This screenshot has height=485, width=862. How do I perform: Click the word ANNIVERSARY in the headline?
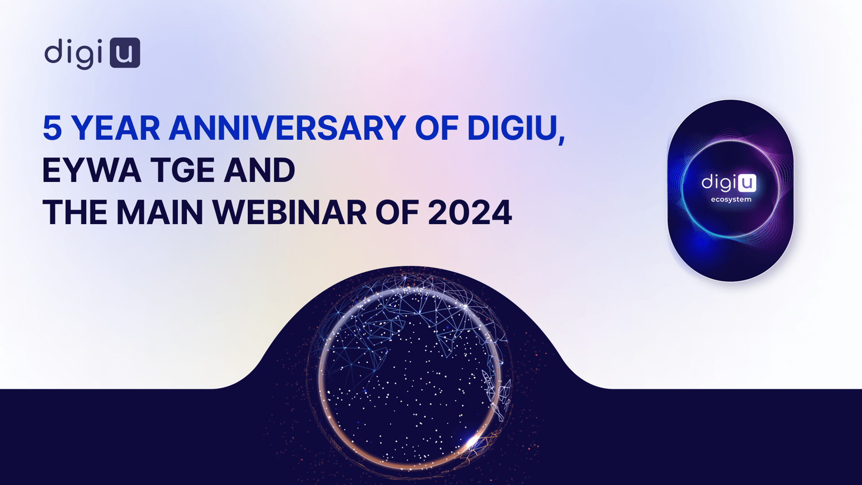point(287,128)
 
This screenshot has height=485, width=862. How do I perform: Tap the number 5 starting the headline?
point(52,128)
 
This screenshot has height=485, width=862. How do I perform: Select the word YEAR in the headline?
point(116,128)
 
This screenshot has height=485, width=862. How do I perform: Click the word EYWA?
point(92,171)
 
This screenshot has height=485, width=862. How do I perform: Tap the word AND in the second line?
point(259,171)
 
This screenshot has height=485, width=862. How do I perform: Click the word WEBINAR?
point(290,212)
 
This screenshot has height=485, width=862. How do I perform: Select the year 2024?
point(470,212)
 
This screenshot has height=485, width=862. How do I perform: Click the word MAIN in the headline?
point(160,212)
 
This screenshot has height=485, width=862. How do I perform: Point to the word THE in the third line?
point(75,212)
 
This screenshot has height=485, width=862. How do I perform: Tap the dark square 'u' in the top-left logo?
point(125,53)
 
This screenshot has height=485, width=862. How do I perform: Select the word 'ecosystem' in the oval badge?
point(731,199)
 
